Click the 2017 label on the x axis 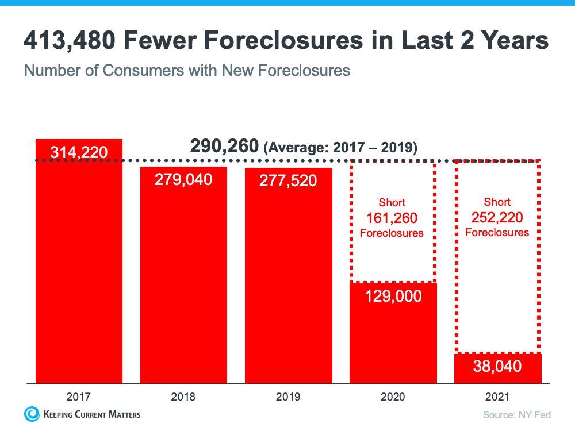(79, 397)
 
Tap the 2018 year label (183, 397)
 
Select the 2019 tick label (288, 397)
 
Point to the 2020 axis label (393, 397)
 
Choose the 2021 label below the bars (497, 397)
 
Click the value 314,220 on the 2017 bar (79, 152)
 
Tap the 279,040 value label (183, 180)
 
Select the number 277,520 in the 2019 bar (288, 181)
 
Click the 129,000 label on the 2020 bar (393, 297)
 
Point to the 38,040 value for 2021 (497, 366)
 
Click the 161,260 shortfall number (392, 218)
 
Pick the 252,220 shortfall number (497, 217)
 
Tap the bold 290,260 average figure (224, 147)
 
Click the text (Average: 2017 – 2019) (340, 148)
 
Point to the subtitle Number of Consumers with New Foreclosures (187, 71)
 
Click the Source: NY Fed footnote (516, 414)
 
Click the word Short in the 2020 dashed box (392, 203)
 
